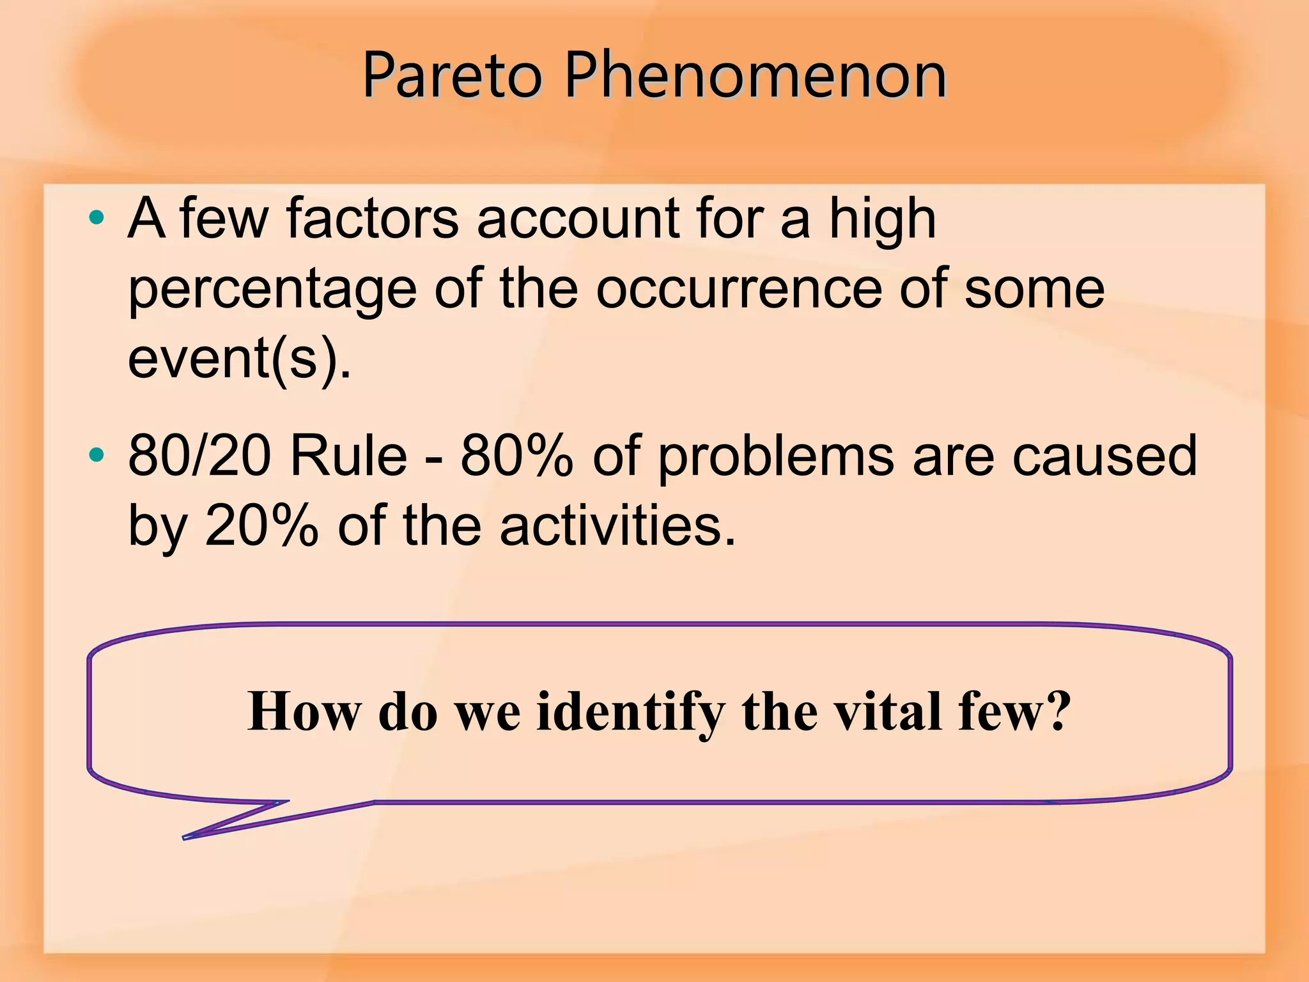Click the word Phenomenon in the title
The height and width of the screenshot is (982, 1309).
tap(754, 77)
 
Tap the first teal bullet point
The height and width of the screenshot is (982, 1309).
tap(97, 219)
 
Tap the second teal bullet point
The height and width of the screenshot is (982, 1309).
tap(97, 456)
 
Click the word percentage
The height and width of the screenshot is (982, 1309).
tap(272, 291)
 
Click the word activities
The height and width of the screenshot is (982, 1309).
tap(617, 526)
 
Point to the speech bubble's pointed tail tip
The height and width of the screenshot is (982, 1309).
tap(185, 837)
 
